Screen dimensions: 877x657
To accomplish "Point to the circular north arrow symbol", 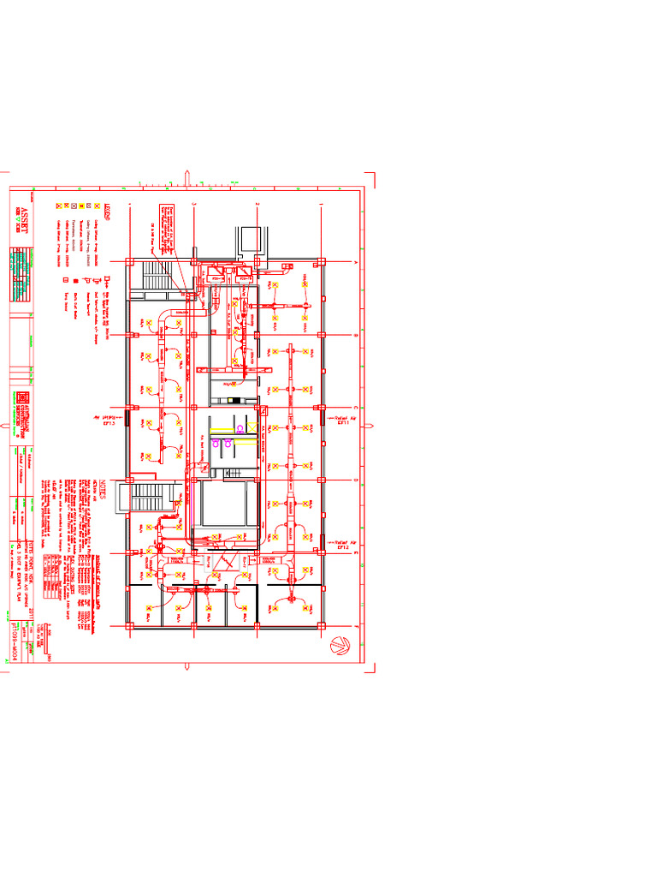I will (x=339, y=644).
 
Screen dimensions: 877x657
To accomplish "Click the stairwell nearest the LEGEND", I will (x=157, y=278).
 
